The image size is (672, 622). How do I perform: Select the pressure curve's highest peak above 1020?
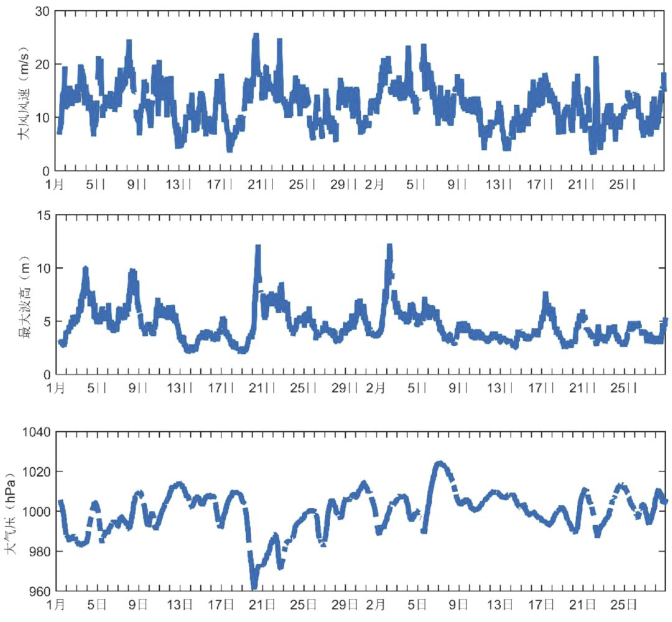click(439, 463)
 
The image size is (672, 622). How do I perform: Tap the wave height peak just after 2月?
click(390, 247)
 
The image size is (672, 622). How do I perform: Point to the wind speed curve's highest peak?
click(255, 36)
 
